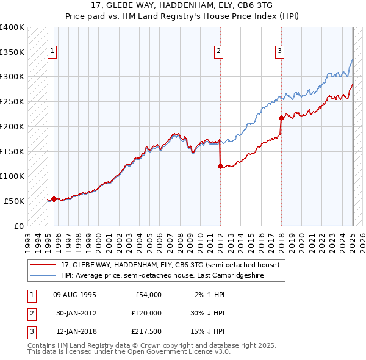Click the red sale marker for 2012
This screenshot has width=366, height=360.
tap(220, 166)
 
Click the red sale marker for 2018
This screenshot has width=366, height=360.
tap(281, 118)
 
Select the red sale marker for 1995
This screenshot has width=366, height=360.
tap(54, 199)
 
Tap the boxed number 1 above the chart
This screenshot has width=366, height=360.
tap(52, 51)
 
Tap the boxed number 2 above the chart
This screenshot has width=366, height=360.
tap(218, 51)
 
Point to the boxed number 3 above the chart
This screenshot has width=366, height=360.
tap(279, 51)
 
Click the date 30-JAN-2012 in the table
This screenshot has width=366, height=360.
tap(75, 313)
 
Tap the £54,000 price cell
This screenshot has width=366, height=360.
tap(148, 295)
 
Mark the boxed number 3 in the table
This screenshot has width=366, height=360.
tap(31, 332)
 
